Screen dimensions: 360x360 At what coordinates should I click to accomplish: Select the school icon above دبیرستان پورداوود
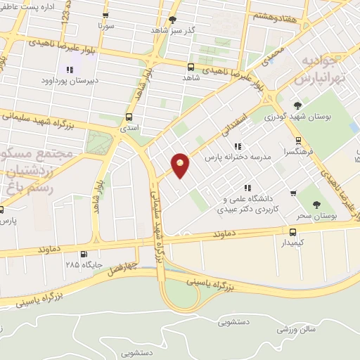tap(70, 70)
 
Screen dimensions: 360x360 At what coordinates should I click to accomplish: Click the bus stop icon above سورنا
tap(105, 15)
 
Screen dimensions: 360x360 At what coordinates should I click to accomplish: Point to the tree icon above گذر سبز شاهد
tap(173, 20)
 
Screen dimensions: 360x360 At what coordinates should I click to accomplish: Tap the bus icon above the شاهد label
tap(191, 67)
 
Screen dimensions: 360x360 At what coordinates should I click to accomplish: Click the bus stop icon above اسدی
tap(129, 117)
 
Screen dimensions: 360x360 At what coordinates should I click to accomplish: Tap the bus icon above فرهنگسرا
tap(298, 140)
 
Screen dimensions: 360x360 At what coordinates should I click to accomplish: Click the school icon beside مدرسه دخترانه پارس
tap(237, 147)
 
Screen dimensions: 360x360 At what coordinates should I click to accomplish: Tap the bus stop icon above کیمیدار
tap(293, 231)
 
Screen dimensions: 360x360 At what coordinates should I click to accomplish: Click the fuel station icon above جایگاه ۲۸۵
tap(84, 254)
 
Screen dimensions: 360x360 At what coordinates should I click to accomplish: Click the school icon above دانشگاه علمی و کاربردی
tap(246, 188)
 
